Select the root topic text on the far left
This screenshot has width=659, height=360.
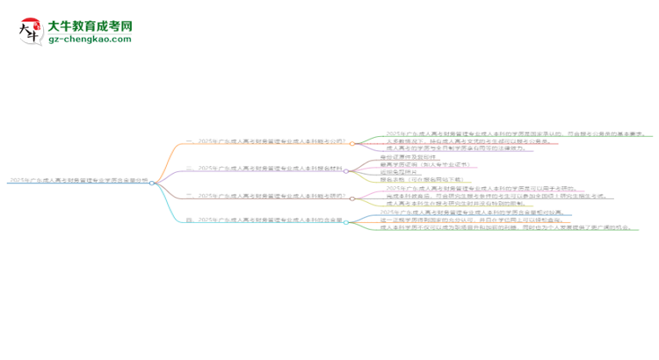point(76,181)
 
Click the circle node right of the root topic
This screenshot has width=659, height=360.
point(152,183)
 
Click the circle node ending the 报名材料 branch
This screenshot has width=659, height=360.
point(346,170)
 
